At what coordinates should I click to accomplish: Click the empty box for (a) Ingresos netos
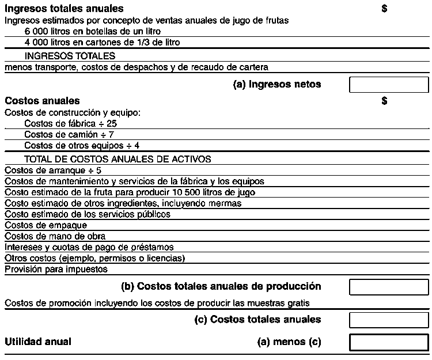[389, 85]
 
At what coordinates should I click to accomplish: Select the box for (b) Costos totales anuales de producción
[389, 286]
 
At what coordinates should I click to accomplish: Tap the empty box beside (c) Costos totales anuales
[389, 319]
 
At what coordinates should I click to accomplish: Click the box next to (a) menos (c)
[389, 342]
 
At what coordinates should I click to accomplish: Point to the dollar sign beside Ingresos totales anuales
[384, 9]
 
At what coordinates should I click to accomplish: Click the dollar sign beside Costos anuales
[384, 101]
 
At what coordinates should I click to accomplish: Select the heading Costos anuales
[42, 101]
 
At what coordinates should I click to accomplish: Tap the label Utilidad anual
[38, 342]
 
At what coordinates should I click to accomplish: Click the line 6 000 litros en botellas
[93, 31]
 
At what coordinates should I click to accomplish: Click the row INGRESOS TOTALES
[70, 56]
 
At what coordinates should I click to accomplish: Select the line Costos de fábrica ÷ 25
[71, 123]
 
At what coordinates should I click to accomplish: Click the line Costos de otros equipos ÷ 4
[82, 145]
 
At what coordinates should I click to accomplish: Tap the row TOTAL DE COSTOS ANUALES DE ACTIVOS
[118, 159]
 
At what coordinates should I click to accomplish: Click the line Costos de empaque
[46, 225]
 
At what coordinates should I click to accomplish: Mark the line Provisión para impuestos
[56, 269]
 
